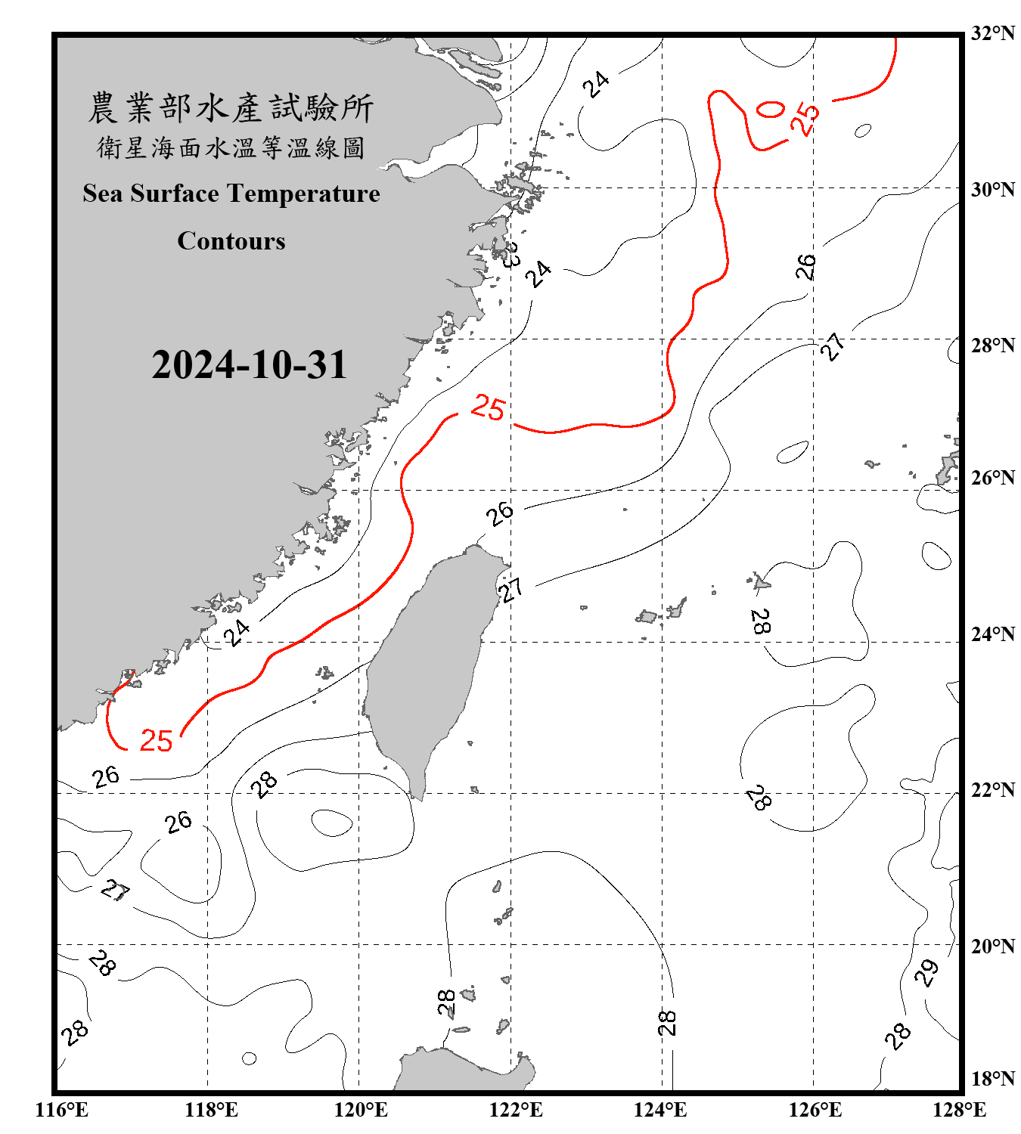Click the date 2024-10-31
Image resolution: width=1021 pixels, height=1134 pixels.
pyautogui.click(x=249, y=365)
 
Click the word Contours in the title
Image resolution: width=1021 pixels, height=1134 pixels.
pyautogui.click(x=231, y=240)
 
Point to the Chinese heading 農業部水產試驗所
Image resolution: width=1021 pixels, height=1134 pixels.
pyautogui.click(x=231, y=108)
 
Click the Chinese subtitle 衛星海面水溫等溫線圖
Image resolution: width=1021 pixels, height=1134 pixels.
pyautogui.click(x=231, y=147)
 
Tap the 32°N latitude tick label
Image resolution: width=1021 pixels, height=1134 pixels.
pyautogui.click(x=992, y=33)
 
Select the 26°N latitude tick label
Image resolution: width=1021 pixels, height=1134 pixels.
pyautogui.click(x=992, y=478)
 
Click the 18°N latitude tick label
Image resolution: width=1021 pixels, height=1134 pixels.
pyautogui.click(x=992, y=1079)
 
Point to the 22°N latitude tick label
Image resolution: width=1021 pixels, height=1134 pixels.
pyautogui.click(x=992, y=790)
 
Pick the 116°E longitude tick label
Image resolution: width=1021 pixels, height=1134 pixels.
pyautogui.click(x=62, y=1110)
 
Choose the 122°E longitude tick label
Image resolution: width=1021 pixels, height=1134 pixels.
pyautogui.click(x=516, y=1110)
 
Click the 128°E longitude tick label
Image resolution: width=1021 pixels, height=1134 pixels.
pyautogui.click(x=959, y=1110)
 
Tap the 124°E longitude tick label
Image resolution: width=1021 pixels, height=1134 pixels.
pyautogui.click(x=660, y=1110)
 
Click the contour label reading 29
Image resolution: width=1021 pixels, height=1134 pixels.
pyautogui.click(x=926, y=972)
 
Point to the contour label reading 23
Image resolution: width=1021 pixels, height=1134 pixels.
pyautogui.click(x=511, y=255)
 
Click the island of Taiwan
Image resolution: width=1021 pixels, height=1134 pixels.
pyautogui.click(x=427, y=665)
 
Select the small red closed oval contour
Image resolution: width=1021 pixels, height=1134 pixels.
pyautogui.click(x=770, y=110)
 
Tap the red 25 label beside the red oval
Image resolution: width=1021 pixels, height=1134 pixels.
pyautogui.click(x=806, y=118)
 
